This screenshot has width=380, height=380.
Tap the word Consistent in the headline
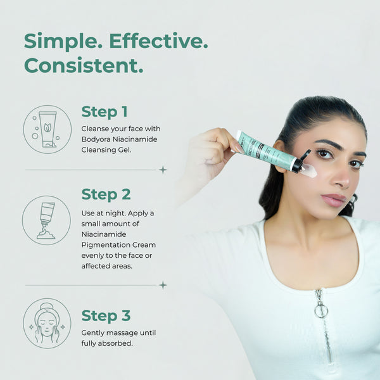[x=84, y=65]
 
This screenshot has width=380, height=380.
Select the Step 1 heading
[x=104, y=111]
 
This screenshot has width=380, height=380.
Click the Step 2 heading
[x=106, y=194]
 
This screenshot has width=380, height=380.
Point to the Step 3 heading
[x=106, y=316]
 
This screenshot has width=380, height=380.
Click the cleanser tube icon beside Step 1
[x=47, y=129]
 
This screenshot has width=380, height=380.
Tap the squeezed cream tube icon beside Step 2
[x=46, y=220]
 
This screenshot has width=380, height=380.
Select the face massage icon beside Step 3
[x=47, y=323]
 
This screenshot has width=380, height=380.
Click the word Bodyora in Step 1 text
[x=96, y=139]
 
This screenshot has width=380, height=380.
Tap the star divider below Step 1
[x=163, y=170]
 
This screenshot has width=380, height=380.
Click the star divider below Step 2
[x=163, y=285]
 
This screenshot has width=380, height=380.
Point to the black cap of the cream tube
[x=301, y=162]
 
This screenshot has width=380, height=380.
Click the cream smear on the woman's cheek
[x=310, y=170]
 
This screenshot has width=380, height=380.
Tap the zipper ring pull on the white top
[x=321, y=310]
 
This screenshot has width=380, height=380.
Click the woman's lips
[x=334, y=200]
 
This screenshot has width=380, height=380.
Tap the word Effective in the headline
[x=158, y=41]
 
